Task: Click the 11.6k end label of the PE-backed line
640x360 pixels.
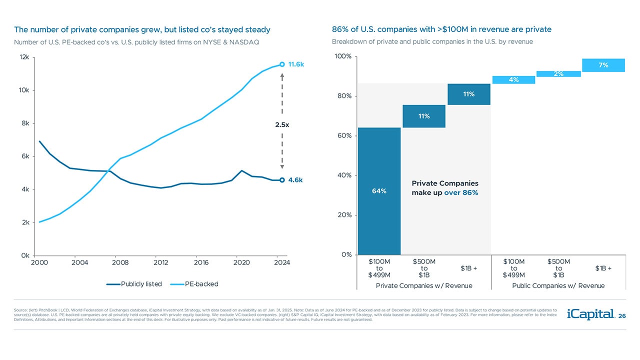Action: click(x=296, y=64)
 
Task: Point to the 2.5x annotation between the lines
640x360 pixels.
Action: click(x=282, y=124)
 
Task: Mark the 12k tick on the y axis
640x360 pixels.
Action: click(x=24, y=57)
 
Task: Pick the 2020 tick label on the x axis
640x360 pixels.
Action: click(x=241, y=262)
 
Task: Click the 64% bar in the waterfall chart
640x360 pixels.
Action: click(x=379, y=191)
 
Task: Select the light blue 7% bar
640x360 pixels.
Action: click(x=603, y=65)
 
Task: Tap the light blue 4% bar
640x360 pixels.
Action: click(x=513, y=80)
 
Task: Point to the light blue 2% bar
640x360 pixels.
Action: click(x=558, y=74)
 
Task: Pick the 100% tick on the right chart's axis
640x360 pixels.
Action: click(x=342, y=56)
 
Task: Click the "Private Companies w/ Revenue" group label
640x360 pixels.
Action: click(x=424, y=285)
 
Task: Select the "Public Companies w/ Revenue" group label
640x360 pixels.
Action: click(x=558, y=285)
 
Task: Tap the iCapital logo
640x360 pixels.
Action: click(x=590, y=314)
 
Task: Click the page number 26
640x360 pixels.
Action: click(x=622, y=315)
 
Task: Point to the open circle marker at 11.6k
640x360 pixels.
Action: click(x=282, y=64)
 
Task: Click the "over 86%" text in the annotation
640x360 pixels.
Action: click(x=461, y=192)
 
